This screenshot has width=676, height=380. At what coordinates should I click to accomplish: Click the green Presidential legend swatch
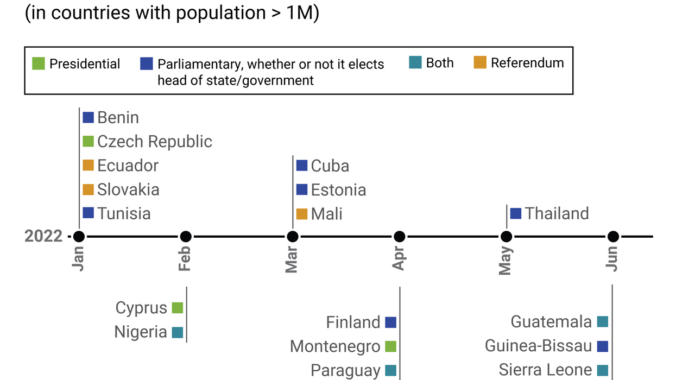(x=39, y=64)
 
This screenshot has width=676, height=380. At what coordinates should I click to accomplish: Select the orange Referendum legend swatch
(x=479, y=63)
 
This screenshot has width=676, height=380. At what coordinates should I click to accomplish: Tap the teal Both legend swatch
(x=415, y=63)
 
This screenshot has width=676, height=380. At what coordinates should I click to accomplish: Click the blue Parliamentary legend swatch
(x=147, y=64)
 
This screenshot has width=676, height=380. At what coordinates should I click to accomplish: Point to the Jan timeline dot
(x=79, y=237)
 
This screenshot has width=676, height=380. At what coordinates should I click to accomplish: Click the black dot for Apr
(x=400, y=237)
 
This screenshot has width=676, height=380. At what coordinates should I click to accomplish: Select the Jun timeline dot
(x=613, y=237)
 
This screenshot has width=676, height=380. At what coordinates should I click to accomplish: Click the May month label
(x=506, y=261)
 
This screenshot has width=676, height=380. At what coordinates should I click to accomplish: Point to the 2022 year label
(x=43, y=237)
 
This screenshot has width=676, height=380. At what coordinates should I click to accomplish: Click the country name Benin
(x=118, y=118)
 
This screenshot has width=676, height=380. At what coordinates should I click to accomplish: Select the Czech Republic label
(x=155, y=142)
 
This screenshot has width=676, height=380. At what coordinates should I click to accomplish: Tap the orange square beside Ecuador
(x=89, y=166)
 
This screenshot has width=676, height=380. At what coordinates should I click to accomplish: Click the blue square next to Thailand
(x=516, y=213)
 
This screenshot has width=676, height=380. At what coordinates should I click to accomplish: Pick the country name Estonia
(x=338, y=190)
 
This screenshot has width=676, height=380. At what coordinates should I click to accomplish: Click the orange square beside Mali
(x=302, y=214)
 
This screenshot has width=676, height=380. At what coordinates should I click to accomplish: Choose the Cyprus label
(x=141, y=308)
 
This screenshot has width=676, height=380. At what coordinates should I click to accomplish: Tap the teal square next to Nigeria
(x=178, y=332)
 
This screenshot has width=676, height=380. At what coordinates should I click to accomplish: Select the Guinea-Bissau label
(x=538, y=346)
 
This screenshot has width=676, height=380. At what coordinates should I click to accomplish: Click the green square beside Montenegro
(x=391, y=346)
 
